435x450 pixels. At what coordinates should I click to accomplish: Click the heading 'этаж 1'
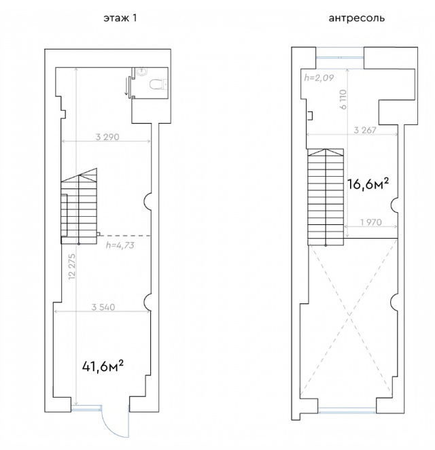coord(120,18)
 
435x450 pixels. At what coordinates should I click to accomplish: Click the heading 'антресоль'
coord(356,18)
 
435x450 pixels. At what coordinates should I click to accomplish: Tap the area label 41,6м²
coord(103,366)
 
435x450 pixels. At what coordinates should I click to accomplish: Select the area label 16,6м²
coord(368,184)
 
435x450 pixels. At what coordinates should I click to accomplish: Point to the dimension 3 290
coord(107,137)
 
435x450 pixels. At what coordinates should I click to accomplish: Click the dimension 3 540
coord(103,307)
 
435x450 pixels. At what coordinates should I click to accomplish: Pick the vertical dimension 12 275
coord(72,266)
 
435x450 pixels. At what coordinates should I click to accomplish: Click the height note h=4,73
coord(120,245)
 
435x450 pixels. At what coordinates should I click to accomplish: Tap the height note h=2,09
coord(319,77)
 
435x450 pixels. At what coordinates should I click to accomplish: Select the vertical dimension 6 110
coord(343,99)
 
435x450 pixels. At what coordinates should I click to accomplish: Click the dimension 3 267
coord(365,130)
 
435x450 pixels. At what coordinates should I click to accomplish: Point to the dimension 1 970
coord(370,222)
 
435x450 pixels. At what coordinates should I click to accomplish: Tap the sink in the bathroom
coord(141,71)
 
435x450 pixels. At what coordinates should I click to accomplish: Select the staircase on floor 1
coord(79,207)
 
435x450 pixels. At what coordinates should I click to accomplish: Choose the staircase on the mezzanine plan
coord(326,197)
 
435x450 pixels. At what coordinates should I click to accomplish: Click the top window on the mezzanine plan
coord(340,57)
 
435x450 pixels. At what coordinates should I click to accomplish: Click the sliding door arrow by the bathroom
coord(126,86)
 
